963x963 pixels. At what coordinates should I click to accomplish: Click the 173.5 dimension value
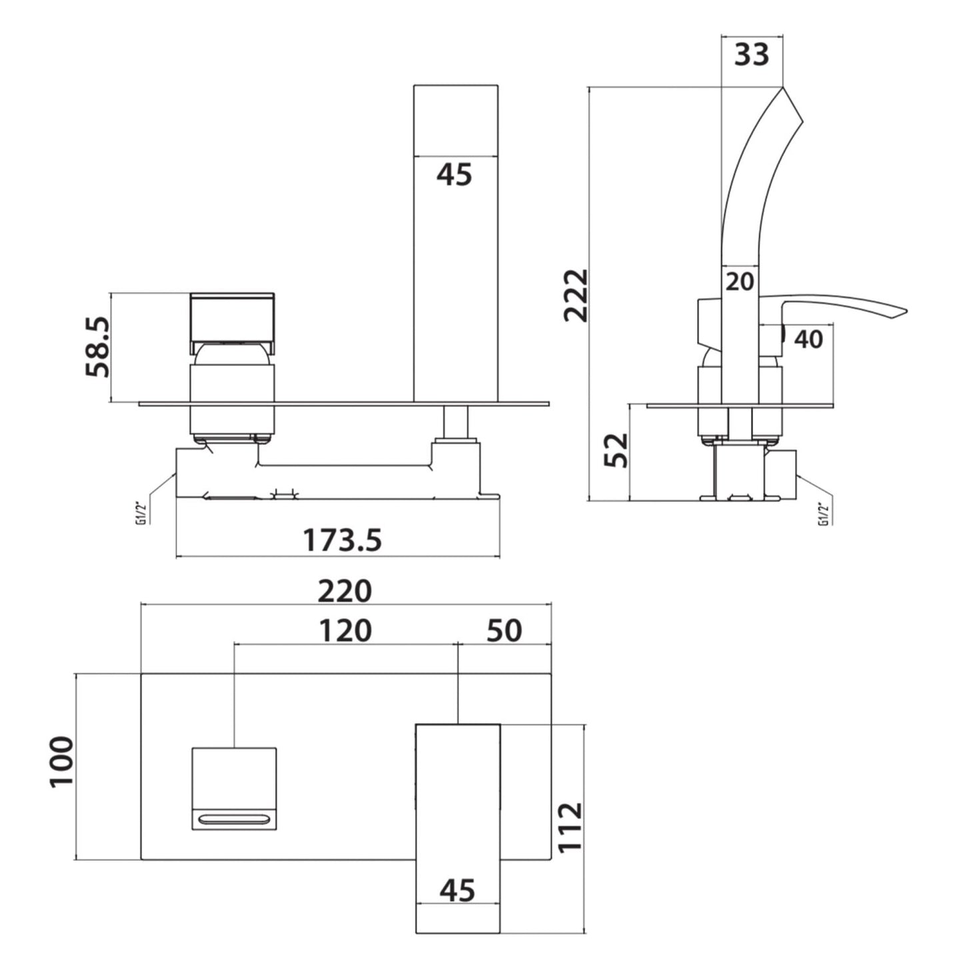coord(343,540)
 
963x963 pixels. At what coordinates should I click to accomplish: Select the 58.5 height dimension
coord(97,347)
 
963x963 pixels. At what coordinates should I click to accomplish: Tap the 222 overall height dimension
coord(576,295)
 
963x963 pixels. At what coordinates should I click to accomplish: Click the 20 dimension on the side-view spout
coord(739,282)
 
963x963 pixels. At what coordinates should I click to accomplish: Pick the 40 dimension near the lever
coord(808,339)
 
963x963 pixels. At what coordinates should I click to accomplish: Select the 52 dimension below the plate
coord(616,451)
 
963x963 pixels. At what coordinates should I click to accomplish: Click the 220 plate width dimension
coord(345,591)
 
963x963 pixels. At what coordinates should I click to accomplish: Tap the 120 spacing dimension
coord(345,630)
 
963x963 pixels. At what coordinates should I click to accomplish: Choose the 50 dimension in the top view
coord(504,630)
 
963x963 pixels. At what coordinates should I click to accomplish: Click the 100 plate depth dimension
coord(61,761)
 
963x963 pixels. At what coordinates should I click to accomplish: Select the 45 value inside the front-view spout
coord(455,175)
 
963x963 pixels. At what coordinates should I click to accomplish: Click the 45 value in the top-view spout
coord(458,890)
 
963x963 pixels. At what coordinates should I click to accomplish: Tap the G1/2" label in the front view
coord(141,512)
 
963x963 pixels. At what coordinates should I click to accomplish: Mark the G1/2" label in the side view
coord(824,512)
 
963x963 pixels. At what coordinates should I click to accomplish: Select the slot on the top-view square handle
coord(234,818)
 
